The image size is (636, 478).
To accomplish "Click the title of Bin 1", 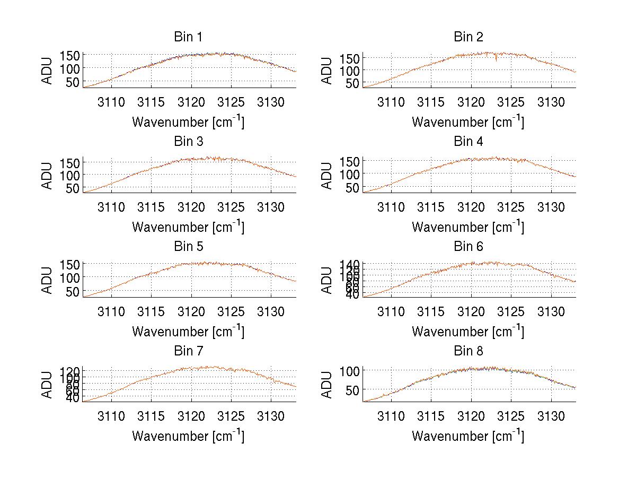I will [x=188, y=37].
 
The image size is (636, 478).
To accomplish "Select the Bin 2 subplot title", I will [x=469, y=37].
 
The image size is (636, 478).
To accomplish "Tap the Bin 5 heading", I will [x=188, y=246].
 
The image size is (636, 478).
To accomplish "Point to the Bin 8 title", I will [x=469, y=351].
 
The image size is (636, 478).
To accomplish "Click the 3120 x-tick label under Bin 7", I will [x=191, y=415].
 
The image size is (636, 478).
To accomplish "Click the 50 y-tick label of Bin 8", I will [x=347, y=389].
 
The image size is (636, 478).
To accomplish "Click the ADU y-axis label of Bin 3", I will [x=48, y=175].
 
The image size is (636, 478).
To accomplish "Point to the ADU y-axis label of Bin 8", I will [x=328, y=385].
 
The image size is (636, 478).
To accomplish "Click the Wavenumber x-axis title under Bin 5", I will [x=188, y=331].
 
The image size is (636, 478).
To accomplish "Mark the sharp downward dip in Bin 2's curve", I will [x=496, y=60].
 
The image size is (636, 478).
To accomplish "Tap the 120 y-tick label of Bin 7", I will [x=71, y=371].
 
